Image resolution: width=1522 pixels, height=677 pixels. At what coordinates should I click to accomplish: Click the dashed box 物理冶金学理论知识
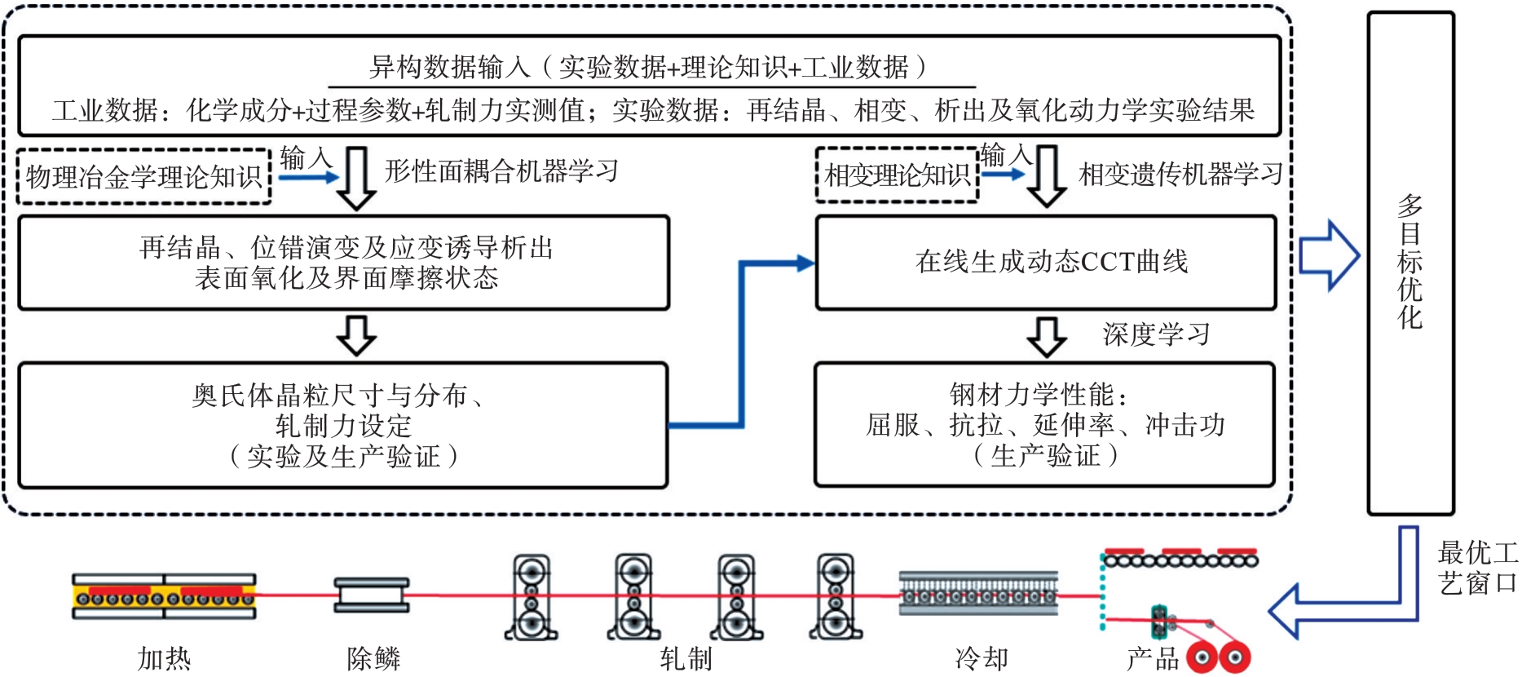pyautogui.click(x=143, y=176)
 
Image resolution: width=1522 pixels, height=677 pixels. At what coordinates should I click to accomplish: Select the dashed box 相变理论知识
pyautogui.click(x=897, y=175)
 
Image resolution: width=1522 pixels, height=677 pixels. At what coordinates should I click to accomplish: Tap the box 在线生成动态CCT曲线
pyautogui.click(x=1047, y=262)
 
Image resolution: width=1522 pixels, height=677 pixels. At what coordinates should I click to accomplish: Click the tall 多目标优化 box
pyautogui.click(x=1410, y=263)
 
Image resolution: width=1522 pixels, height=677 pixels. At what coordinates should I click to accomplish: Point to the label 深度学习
pyautogui.click(x=1156, y=334)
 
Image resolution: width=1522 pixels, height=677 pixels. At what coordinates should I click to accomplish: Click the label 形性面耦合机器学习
pyautogui.click(x=501, y=171)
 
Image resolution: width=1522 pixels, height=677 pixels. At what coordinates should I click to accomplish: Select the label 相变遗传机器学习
pyautogui.click(x=1180, y=174)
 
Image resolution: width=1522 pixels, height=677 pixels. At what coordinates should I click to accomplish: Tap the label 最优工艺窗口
pyautogui.click(x=1477, y=568)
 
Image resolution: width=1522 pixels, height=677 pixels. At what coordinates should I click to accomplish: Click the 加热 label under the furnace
pyautogui.click(x=164, y=658)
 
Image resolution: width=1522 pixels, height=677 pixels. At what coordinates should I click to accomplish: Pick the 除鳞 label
pyautogui.click(x=373, y=658)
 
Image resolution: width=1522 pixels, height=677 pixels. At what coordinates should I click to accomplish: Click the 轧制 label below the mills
pyautogui.click(x=686, y=658)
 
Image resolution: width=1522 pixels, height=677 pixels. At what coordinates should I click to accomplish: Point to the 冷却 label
pyautogui.click(x=982, y=658)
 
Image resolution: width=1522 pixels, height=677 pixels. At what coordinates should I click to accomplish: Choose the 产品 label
pyautogui.click(x=1153, y=658)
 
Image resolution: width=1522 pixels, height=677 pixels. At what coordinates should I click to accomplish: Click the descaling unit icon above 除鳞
pyautogui.click(x=372, y=595)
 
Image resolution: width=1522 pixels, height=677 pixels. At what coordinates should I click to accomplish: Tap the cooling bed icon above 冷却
pyautogui.click(x=978, y=594)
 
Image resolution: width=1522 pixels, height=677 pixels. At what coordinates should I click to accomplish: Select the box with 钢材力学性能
pyautogui.click(x=1045, y=425)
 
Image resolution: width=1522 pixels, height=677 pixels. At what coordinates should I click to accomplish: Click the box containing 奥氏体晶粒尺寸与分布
pyautogui.click(x=343, y=425)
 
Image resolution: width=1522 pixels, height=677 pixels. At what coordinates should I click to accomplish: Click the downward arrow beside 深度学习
pyautogui.click(x=1047, y=336)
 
